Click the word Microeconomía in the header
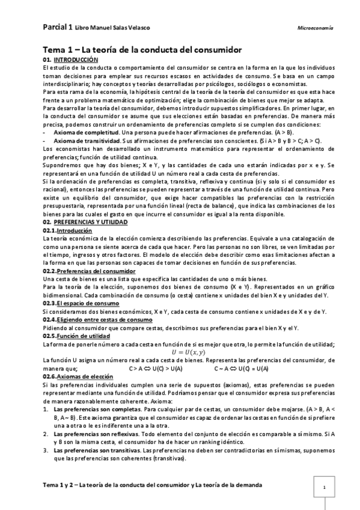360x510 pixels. pyautogui.click(x=316, y=28)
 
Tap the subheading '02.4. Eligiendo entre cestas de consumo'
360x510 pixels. pyautogui.click(x=96, y=319)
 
